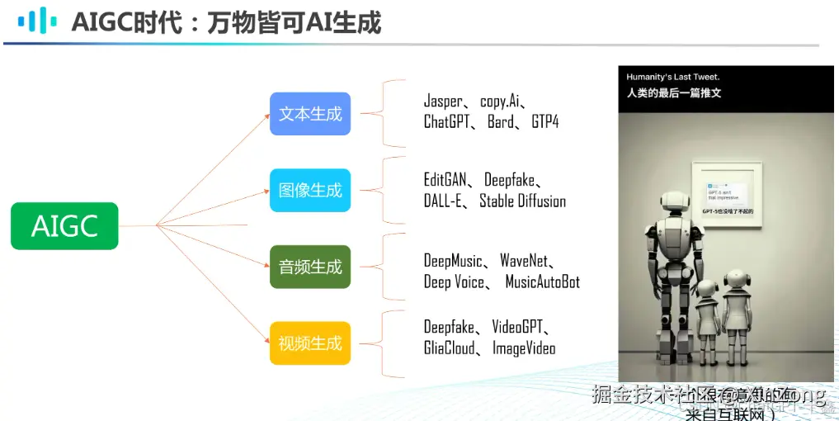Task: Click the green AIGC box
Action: click(x=64, y=225)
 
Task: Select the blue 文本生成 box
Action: click(x=310, y=114)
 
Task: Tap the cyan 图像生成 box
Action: click(x=310, y=190)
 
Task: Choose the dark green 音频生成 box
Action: click(x=310, y=267)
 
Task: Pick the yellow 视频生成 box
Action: click(x=310, y=343)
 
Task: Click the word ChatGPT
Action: click(x=445, y=122)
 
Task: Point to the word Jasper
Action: click(x=443, y=102)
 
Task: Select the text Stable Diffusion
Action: click(x=522, y=201)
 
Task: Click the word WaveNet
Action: click(x=524, y=261)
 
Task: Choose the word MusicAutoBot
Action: click(x=542, y=281)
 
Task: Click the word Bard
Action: click(x=501, y=122)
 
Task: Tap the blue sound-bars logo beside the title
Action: click(x=38, y=21)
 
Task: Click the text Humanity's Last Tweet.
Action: click(x=672, y=77)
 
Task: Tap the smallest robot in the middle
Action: click(x=706, y=314)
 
